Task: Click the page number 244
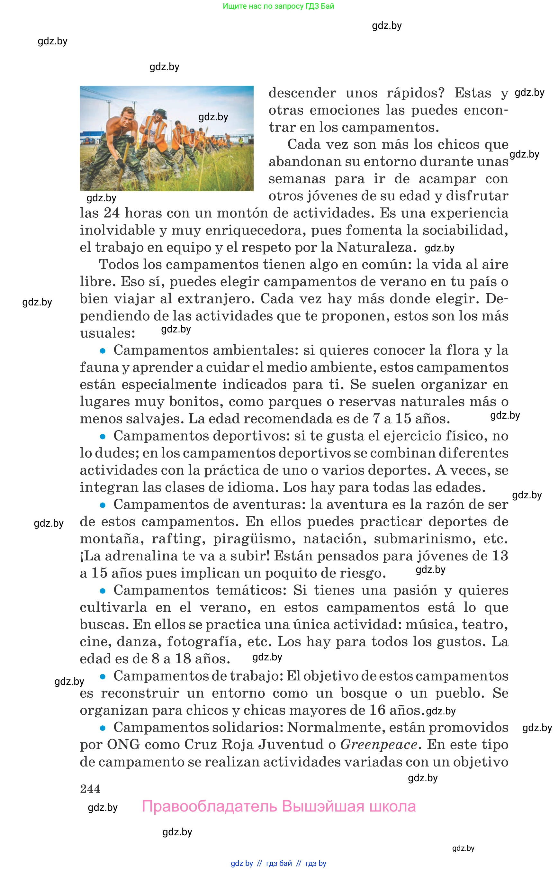click(90, 789)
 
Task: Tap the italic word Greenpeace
click(379, 745)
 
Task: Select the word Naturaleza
click(375, 247)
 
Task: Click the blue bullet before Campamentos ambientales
click(103, 351)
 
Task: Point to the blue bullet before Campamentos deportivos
click(103, 436)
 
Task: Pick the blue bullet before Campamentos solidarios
click(103, 728)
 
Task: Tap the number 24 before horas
click(112, 213)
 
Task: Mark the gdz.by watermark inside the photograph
click(213, 117)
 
